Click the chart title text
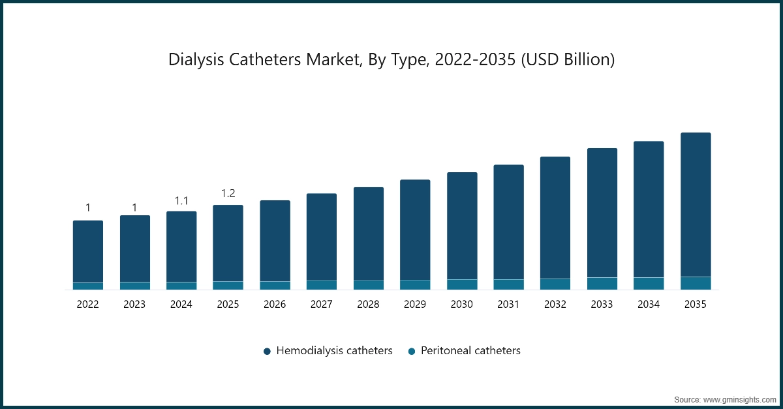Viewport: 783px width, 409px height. pyautogui.click(x=391, y=60)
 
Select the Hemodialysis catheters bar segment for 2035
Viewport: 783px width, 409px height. pyautogui.click(x=696, y=205)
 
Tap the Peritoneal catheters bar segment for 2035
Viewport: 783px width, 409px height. pyautogui.click(x=696, y=283)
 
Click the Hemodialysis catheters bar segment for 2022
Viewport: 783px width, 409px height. pyautogui.click(x=88, y=252)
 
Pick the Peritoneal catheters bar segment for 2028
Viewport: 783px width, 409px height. pyautogui.click(x=369, y=285)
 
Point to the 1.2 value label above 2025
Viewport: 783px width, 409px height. pyautogui.click(x=228, y=193)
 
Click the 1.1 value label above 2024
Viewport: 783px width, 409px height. pyautogui.click(x=181, y=200)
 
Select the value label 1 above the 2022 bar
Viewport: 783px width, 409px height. pyautogui.click(x=88, y=208)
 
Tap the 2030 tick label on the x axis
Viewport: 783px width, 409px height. pyautogui.click(x=462, y=304)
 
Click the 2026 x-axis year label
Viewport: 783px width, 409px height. pyautogui.click(x=275, y=304)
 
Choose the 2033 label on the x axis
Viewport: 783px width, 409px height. pyautogui.click(x=602, y=304)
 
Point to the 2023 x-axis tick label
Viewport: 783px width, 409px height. pyautogui.click(x=134, y=304)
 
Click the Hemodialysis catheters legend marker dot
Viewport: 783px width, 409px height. pyautogui.click(x=267, y=352)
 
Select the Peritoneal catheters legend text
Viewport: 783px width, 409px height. pyautogui.click(x=470, y=351)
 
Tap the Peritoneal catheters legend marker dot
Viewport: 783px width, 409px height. pyautogui.click(x=412, y=352)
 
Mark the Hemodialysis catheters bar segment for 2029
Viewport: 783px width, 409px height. pyautogui.click(x=415, y=230)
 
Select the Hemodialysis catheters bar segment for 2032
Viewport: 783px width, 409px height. pyautogui.click(x=555, y=218)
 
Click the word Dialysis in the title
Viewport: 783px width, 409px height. pyautogui.click(x=196, y=60)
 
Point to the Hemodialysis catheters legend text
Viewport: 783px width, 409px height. pyautogui.click(x=334, y=351)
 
